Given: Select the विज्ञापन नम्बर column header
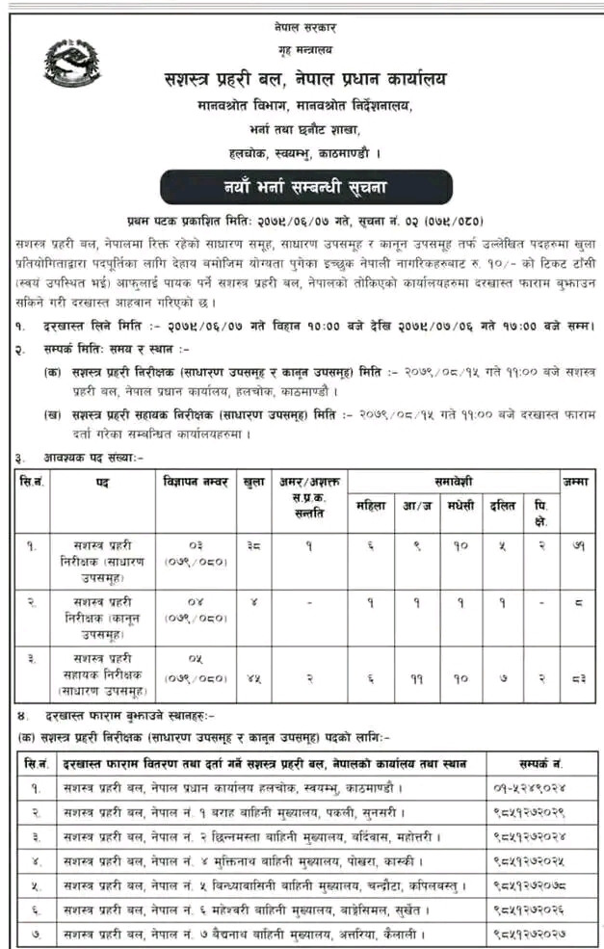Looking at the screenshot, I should tap(194, 479).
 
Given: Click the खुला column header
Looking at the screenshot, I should tap(254, 479).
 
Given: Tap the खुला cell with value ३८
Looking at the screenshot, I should tap(254, 545).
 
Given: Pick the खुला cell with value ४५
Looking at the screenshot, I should tap(254, 678).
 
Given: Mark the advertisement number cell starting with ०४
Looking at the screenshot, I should tap(194, 611).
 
